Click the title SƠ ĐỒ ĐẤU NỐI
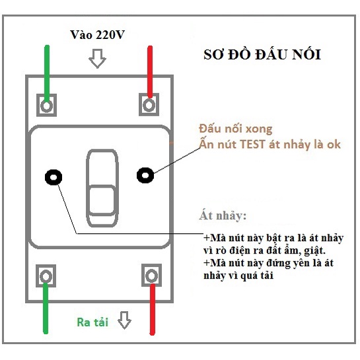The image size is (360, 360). [262, 55]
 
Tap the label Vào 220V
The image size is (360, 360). [97, 35]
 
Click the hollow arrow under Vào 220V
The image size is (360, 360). [97, 59]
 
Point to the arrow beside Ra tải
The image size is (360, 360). [124, 320]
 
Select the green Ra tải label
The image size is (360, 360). [92, 322]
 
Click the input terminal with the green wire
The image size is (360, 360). [47, 105]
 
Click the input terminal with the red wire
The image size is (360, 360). [149, 104]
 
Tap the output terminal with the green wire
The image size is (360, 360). [46, 275]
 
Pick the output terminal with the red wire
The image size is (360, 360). [151, 275]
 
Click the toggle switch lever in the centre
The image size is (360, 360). [102, 188]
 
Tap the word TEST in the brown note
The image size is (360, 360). [252, 145]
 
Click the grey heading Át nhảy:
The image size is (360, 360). [223, 215]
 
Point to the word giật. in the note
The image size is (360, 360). [315, 250]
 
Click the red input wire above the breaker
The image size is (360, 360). [150, 72]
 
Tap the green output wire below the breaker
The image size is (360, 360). [46, 308]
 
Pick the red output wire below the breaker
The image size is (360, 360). [153, 310]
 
